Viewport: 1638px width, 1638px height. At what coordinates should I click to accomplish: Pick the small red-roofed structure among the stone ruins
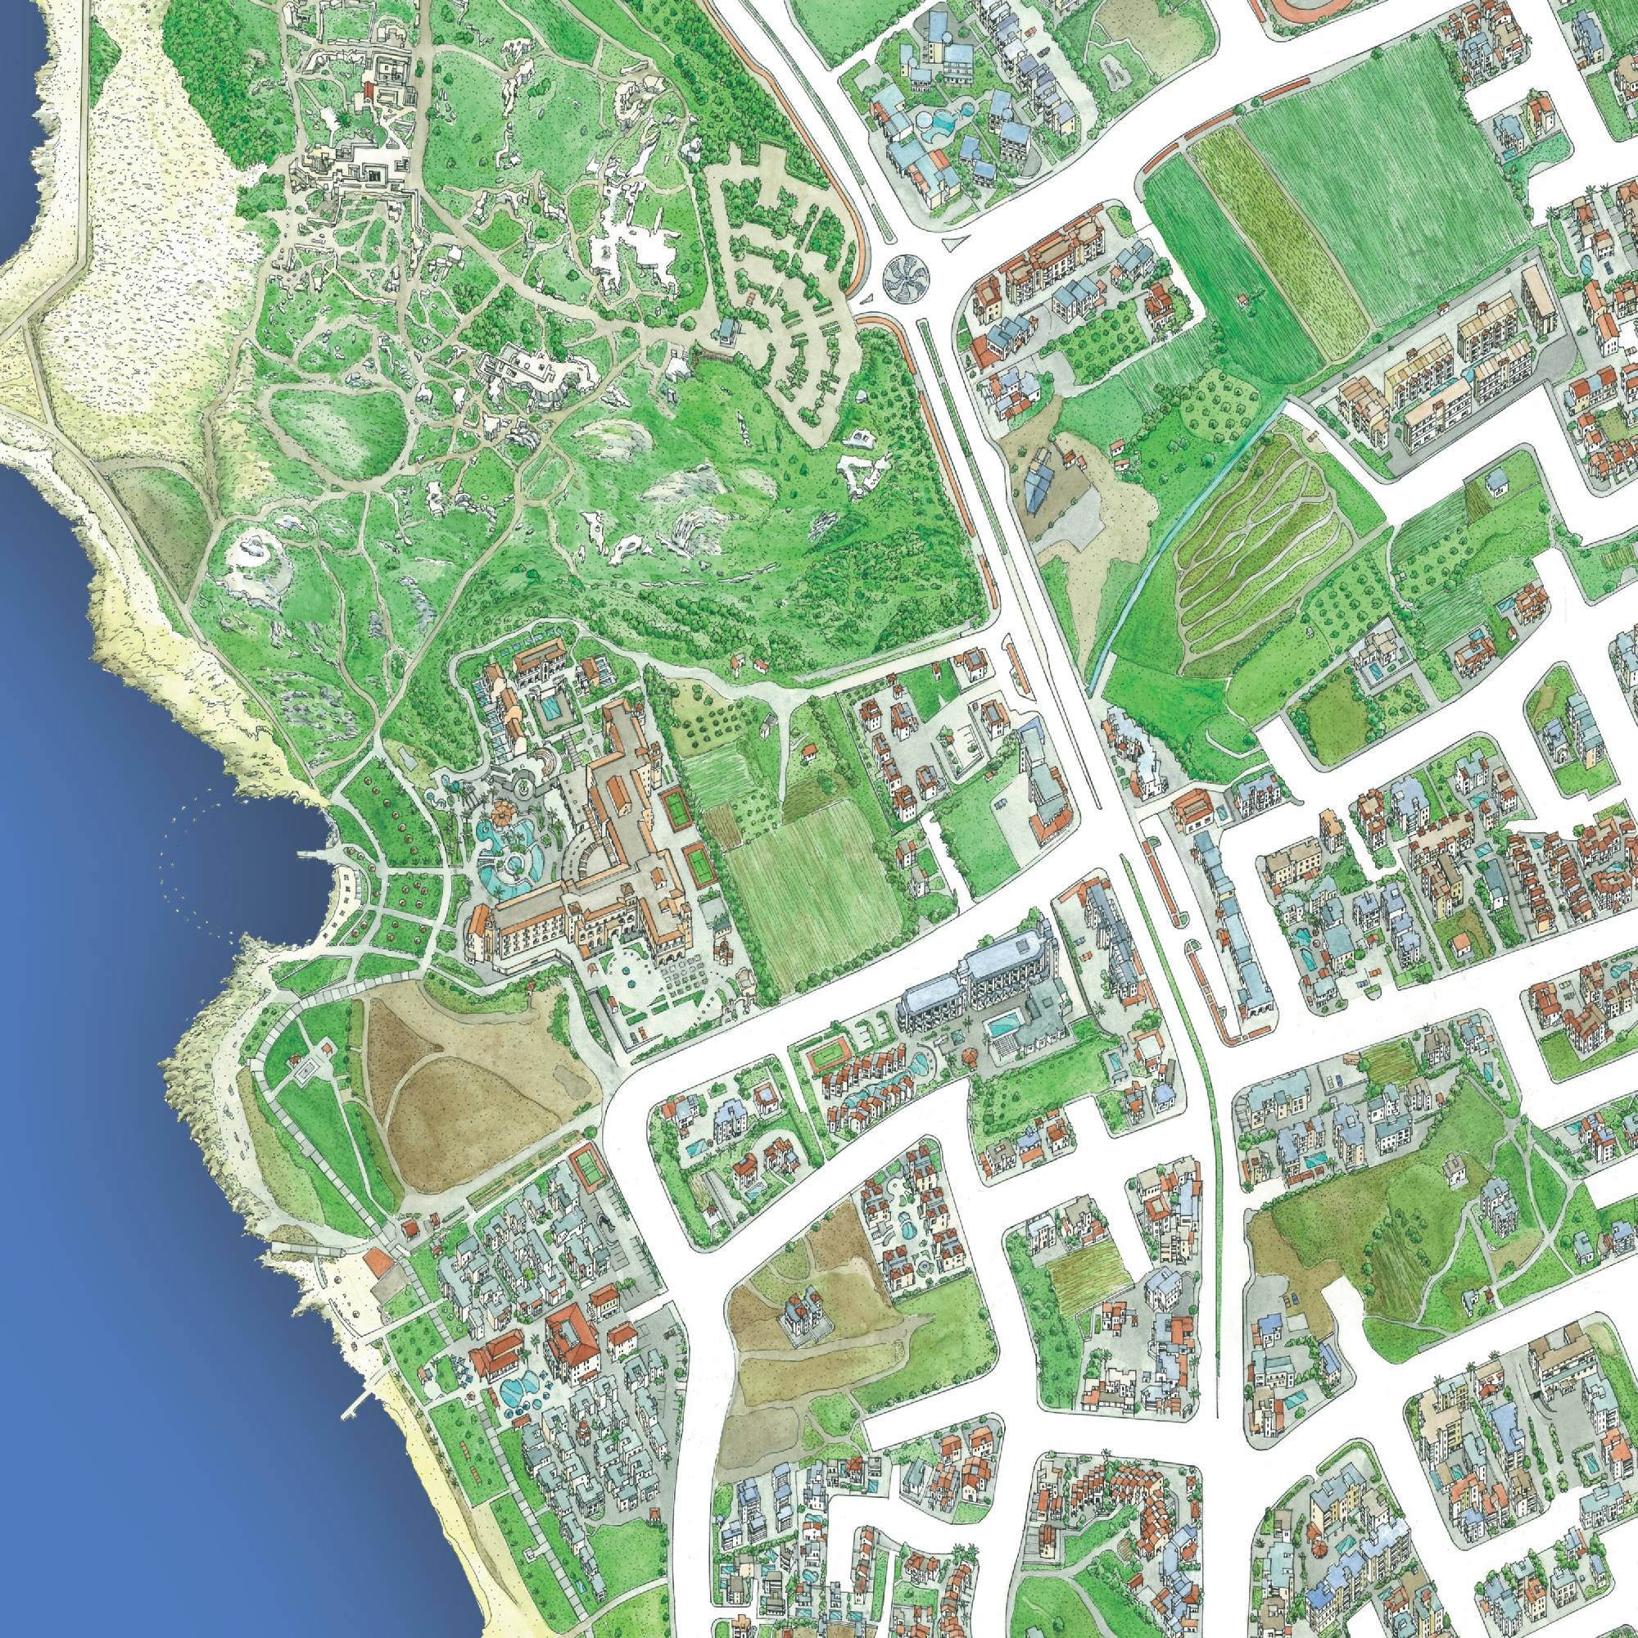(x=369, y=89)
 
